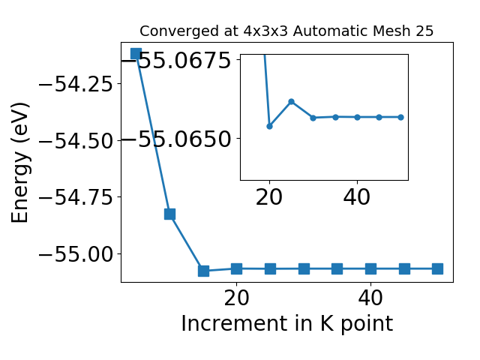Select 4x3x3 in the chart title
coord(265,31)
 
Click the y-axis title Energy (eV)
coord(20,163)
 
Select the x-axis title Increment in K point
coord(286,324)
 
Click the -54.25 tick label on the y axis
coord(76,84)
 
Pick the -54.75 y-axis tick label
coord(76,197)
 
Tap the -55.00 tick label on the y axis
coord(76,254)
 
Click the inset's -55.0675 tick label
coord(176,60)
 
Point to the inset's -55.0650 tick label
coord(176,139)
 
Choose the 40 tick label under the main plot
coord(370,298)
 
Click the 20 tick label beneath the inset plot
coord(269,197)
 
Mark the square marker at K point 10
coord(170,214)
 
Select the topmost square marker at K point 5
coord(136,53)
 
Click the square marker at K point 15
coord(203,271)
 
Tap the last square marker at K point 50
coord(437,269)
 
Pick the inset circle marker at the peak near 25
coord(292,102)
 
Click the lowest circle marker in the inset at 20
coord(269,126)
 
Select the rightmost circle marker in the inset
coord(400,117)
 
